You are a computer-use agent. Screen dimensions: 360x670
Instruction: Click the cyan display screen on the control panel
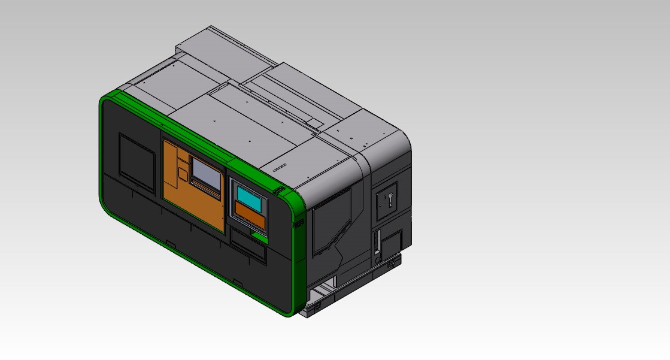(x=247, y=196)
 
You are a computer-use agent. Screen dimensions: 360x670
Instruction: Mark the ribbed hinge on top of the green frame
(x=278, y=190)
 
